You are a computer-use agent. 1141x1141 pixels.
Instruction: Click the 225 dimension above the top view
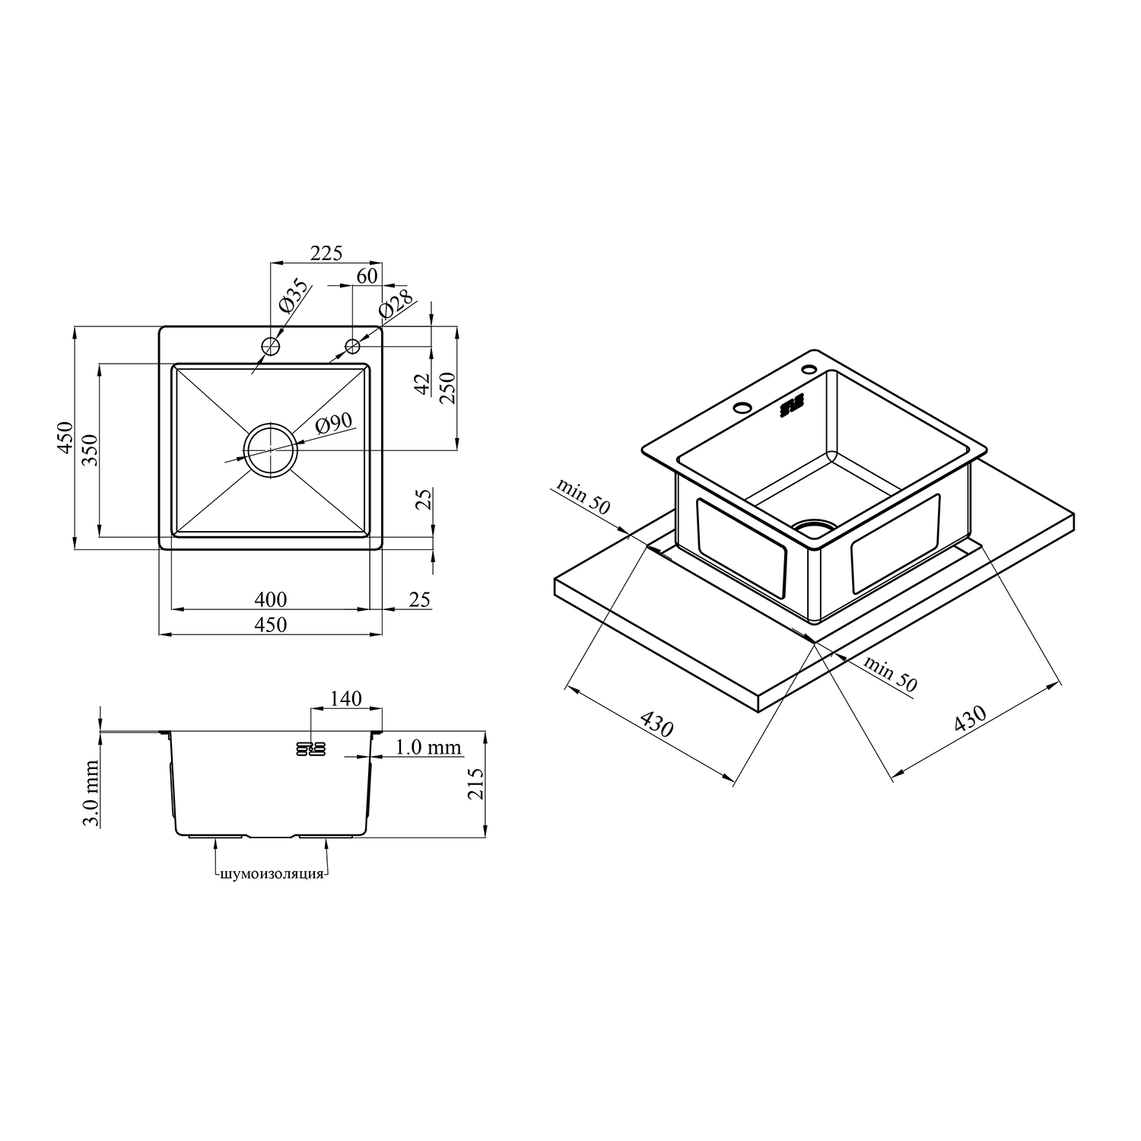(326, 253)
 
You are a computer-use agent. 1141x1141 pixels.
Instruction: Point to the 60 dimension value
(367, 275)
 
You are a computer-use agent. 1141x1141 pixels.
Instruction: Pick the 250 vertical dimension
(447, 388)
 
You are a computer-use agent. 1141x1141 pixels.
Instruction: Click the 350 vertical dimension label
(90, 450)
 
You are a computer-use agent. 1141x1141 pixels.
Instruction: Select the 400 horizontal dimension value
(271, 599)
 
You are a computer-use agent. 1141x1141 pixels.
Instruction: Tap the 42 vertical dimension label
(424, 383)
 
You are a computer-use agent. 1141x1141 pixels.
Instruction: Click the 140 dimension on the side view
(346, 698)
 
